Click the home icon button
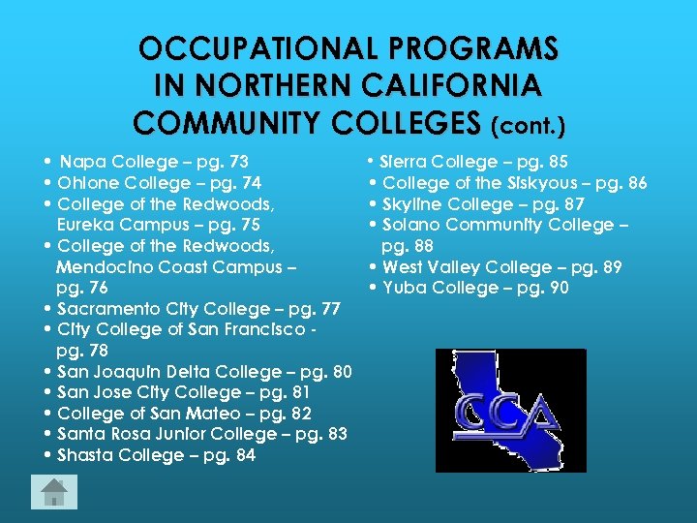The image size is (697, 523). [x=54, y=492]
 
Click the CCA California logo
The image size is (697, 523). [x=498, y=412]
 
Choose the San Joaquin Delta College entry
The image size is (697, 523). [x=204, y=372]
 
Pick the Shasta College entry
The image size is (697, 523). [x=156, y=455]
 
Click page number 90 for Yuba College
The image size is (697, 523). [x=558, y=288]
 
